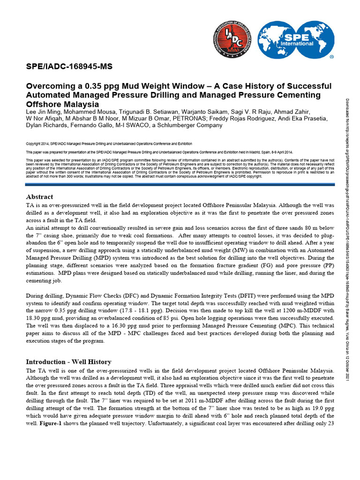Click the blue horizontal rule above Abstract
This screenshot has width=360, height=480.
(180, 185)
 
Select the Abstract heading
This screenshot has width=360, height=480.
(39, 197)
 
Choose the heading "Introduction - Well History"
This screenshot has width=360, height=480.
(68, 362)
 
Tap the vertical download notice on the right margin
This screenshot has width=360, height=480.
(347, 239)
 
